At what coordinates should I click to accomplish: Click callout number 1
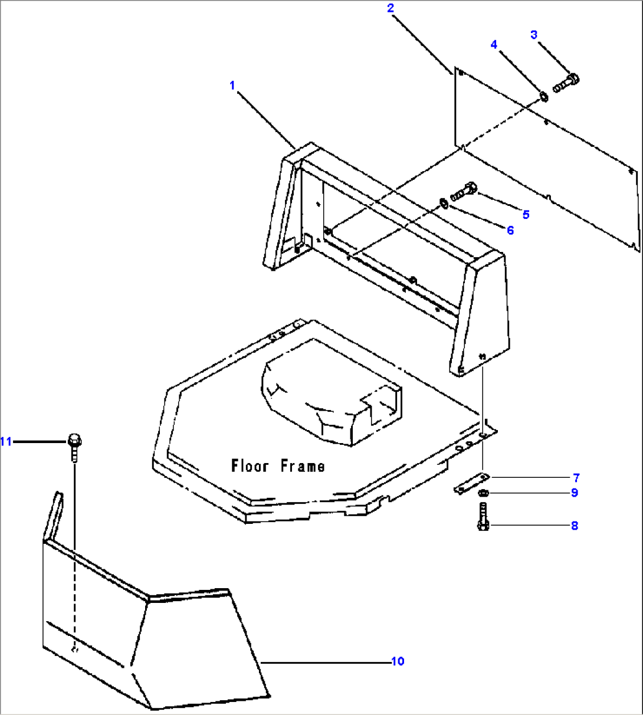click(232, 86)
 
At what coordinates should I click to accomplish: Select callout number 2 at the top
click(390, 8)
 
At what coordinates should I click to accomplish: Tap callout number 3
click(534, 35)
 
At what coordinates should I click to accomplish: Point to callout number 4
click(494, 44)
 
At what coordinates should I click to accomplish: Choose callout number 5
click(526, 214)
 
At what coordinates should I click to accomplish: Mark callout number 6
click(510, 230)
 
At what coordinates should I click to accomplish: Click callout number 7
click(575, 477)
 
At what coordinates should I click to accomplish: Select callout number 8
click(575, 526)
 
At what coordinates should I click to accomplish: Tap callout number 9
click(575, 493)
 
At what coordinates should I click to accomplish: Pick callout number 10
click(398, 661)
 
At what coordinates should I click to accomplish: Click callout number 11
click(6, 441)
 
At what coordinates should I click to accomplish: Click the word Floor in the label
click(250, 466)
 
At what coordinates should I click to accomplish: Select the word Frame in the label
click(302, 466)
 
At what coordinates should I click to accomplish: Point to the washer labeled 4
click(543, 96)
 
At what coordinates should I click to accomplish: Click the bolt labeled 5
click(464, 192)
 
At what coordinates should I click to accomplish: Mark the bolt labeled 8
click(483, 517)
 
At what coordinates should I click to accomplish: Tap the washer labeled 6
click(443, 204)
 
